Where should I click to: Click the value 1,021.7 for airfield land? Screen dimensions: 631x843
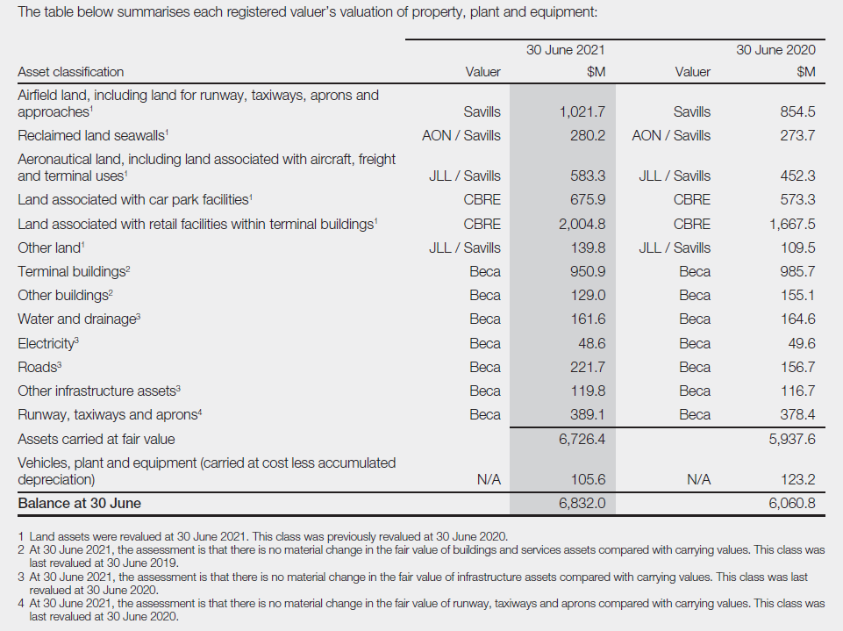point(582,111)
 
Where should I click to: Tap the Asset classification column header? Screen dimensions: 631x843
point(71,72)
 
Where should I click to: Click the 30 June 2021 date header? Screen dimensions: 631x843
point(565,50)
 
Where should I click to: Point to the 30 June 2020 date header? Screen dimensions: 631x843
point(775,50)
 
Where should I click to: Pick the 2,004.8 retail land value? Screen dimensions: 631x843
point(582,224)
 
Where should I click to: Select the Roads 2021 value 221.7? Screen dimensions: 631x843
point(588,367)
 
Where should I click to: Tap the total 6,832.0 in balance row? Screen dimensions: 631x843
point(582,504)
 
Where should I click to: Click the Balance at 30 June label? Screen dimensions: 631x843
point(79,504)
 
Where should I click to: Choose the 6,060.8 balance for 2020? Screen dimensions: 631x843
point(792,504)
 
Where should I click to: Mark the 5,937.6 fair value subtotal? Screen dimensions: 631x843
point(792,439)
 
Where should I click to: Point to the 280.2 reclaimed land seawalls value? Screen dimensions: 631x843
point(588,135)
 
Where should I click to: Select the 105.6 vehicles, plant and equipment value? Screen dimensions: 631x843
point(588,480)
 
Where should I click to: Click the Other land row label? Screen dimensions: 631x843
point(49,247)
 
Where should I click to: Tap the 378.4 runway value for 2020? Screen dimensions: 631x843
point(797,414)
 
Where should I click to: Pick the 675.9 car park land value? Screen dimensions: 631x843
point(588,199)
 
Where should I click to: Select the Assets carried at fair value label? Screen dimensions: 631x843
point(96,439)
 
